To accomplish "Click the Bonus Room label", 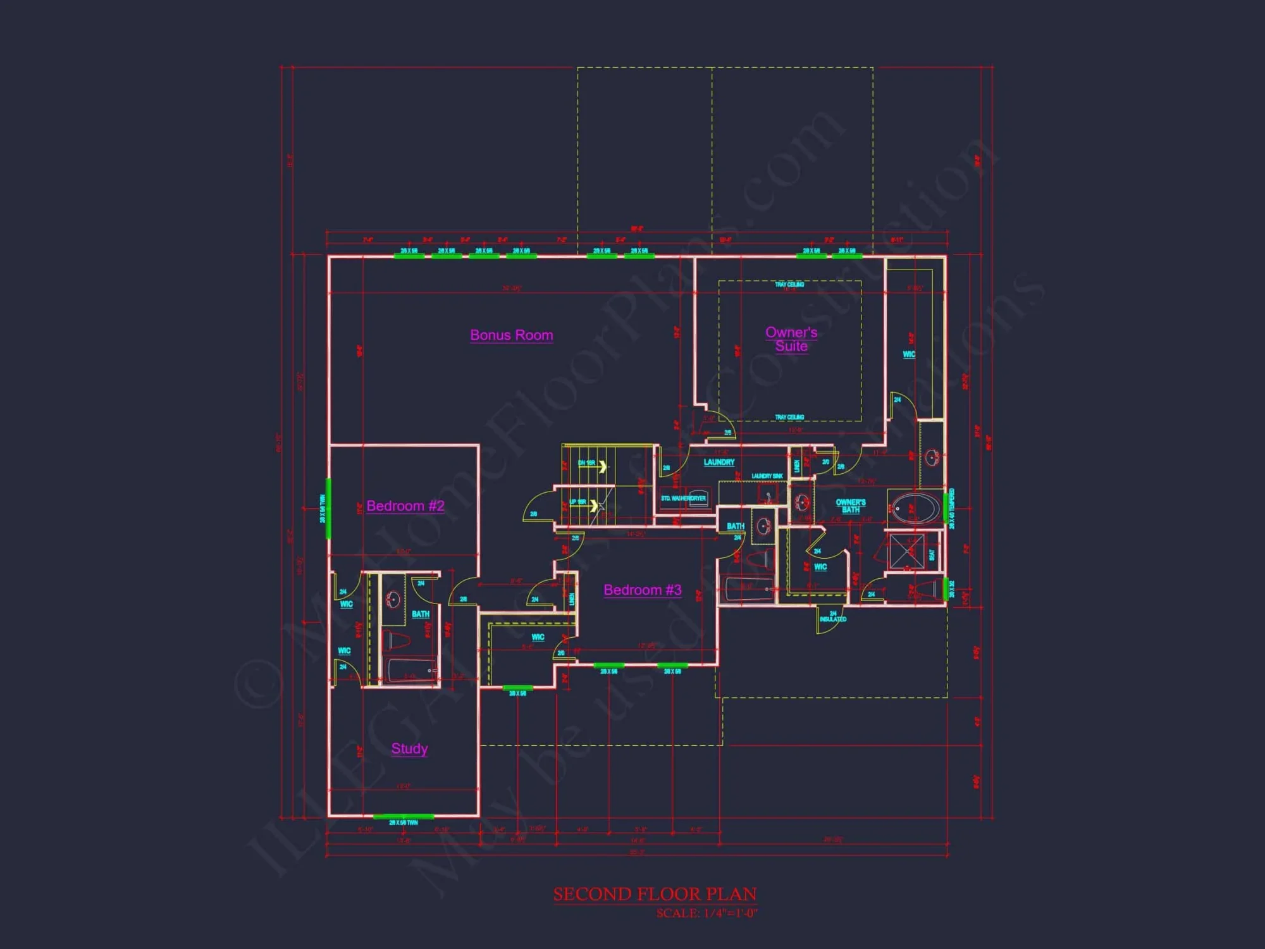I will (511, 335).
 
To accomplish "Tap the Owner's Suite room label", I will (791, 339).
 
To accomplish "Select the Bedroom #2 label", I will (405, 506).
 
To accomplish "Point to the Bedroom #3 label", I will (642, 590).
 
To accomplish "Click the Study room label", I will (409, 748).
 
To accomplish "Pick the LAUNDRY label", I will (719, 462).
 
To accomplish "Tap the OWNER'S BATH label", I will (851, 506).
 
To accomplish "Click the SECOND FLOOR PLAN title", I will (655, 894).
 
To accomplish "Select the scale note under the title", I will (707, 914).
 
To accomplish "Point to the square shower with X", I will (906, 551).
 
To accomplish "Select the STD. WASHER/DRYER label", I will (683, 499).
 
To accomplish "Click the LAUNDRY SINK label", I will (767, 476).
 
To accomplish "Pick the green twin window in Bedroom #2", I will (328, 509).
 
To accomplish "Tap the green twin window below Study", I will (403, 817).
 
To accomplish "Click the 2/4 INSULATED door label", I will (832, 617).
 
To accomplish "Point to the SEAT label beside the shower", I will (931, 555).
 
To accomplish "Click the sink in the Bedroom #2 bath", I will (393, 599).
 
